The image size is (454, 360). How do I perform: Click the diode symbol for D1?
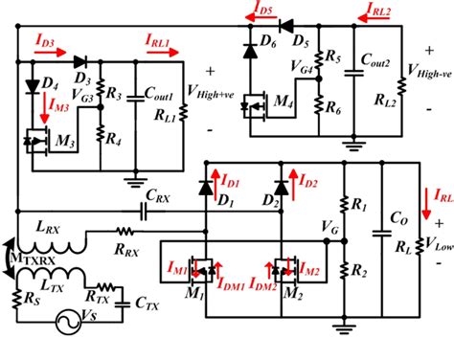click(204, 185)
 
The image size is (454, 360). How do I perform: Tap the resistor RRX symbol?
click(124, 232)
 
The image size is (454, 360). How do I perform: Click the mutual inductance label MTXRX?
click(26, 256)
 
